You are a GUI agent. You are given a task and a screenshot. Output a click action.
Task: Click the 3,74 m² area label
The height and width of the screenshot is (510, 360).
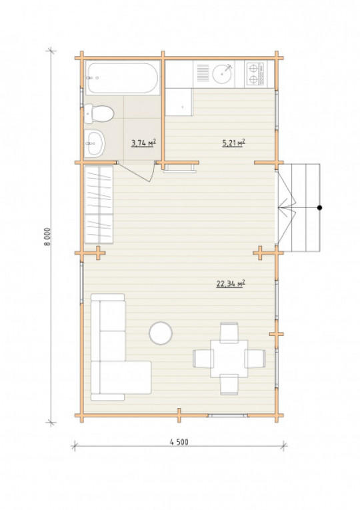pos(143,143)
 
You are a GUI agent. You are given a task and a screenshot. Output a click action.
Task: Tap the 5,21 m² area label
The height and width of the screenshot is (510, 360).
pos(233,143)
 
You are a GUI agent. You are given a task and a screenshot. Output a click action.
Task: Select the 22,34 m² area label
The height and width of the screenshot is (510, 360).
pos(231,283)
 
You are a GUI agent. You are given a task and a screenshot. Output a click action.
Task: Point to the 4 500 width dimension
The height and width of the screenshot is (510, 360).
pos(179,442)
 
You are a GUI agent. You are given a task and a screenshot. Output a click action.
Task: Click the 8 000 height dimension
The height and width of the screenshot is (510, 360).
pos(47,237)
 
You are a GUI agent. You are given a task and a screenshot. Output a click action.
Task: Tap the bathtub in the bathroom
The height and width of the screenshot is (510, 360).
pos(123,78)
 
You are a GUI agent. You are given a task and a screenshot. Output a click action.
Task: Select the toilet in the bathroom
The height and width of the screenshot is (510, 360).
pos(99,114)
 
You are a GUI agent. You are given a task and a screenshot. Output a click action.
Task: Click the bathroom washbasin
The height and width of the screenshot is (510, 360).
pos(95,143)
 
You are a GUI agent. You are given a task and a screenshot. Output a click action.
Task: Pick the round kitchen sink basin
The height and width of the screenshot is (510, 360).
pos(223,74)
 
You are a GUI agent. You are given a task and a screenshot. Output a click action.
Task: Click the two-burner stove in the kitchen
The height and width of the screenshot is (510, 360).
pos(255,74)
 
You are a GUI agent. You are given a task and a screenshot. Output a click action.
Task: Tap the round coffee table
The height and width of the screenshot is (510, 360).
pos(161,333)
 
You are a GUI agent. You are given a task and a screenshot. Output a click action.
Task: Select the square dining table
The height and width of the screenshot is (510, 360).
pos(229,359)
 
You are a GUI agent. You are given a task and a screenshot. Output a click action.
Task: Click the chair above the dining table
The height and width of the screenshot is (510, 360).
pos(229,333)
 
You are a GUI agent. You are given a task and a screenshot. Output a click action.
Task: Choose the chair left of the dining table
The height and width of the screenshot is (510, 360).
pos(203,359)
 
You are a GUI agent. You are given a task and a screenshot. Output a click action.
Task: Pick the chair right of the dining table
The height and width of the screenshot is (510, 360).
pos(255,359)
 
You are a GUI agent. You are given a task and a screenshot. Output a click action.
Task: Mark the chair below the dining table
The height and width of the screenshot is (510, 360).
pos(229,385)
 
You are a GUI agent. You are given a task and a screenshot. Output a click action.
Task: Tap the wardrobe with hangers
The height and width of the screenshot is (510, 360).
pos(99,205)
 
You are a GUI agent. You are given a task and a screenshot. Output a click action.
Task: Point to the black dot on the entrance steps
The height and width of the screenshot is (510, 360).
pos(320,207)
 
